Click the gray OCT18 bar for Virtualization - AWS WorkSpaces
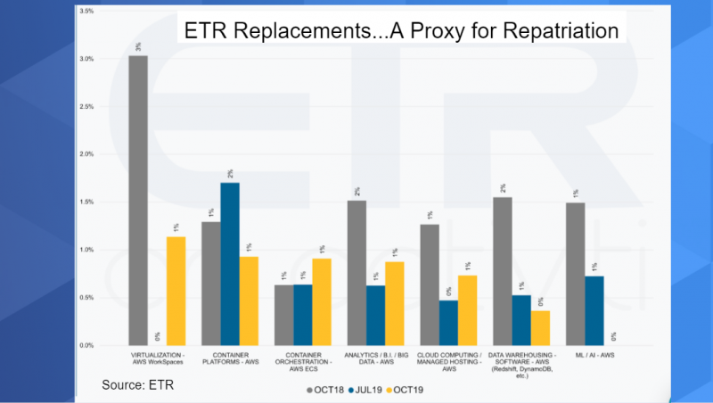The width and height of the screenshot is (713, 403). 138,201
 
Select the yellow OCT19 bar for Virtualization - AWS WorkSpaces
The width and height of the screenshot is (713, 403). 176,291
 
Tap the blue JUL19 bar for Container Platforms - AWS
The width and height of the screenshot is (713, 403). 230,264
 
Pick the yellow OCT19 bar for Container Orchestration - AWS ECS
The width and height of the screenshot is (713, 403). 322,301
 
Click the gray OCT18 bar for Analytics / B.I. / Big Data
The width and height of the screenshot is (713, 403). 356,273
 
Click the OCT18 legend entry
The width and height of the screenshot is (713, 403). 327,390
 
